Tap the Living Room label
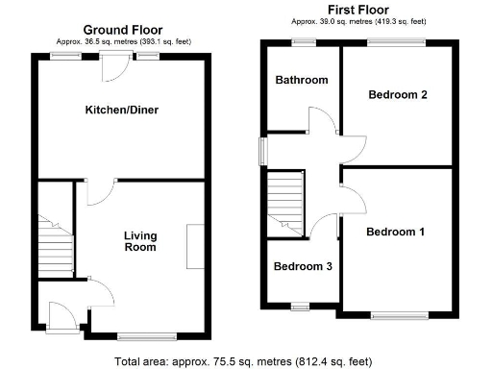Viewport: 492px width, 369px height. (x=139, y=241)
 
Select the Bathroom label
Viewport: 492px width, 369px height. (x=302, y=81)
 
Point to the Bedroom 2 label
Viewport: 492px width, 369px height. (x=396, y=94)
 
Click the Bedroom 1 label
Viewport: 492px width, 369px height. (x=394, y=232)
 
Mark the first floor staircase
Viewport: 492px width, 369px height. (x=285, y=202)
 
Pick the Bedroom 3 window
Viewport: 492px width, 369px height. (x=299, y=307)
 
